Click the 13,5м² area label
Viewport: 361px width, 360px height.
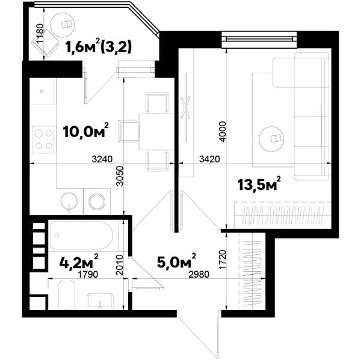coord(259,183)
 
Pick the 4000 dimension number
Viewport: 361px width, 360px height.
coord(223,132)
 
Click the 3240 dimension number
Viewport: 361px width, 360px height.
coord(102,159)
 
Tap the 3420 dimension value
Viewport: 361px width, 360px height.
coord(209,159)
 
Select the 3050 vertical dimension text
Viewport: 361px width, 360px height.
coord(120,176)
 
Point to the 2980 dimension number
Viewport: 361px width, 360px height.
coord(199,274)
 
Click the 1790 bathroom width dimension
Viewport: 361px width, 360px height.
coord(88,274)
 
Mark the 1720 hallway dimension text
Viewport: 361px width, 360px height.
coord(223,260)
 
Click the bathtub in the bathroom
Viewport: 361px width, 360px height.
coord(81,236)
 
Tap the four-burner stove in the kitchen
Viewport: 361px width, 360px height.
coord(44,139)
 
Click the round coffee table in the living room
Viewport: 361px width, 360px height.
coord(271,138)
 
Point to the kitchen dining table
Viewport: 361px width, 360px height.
coord(156,132)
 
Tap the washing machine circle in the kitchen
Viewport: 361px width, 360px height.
coord(97,202)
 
